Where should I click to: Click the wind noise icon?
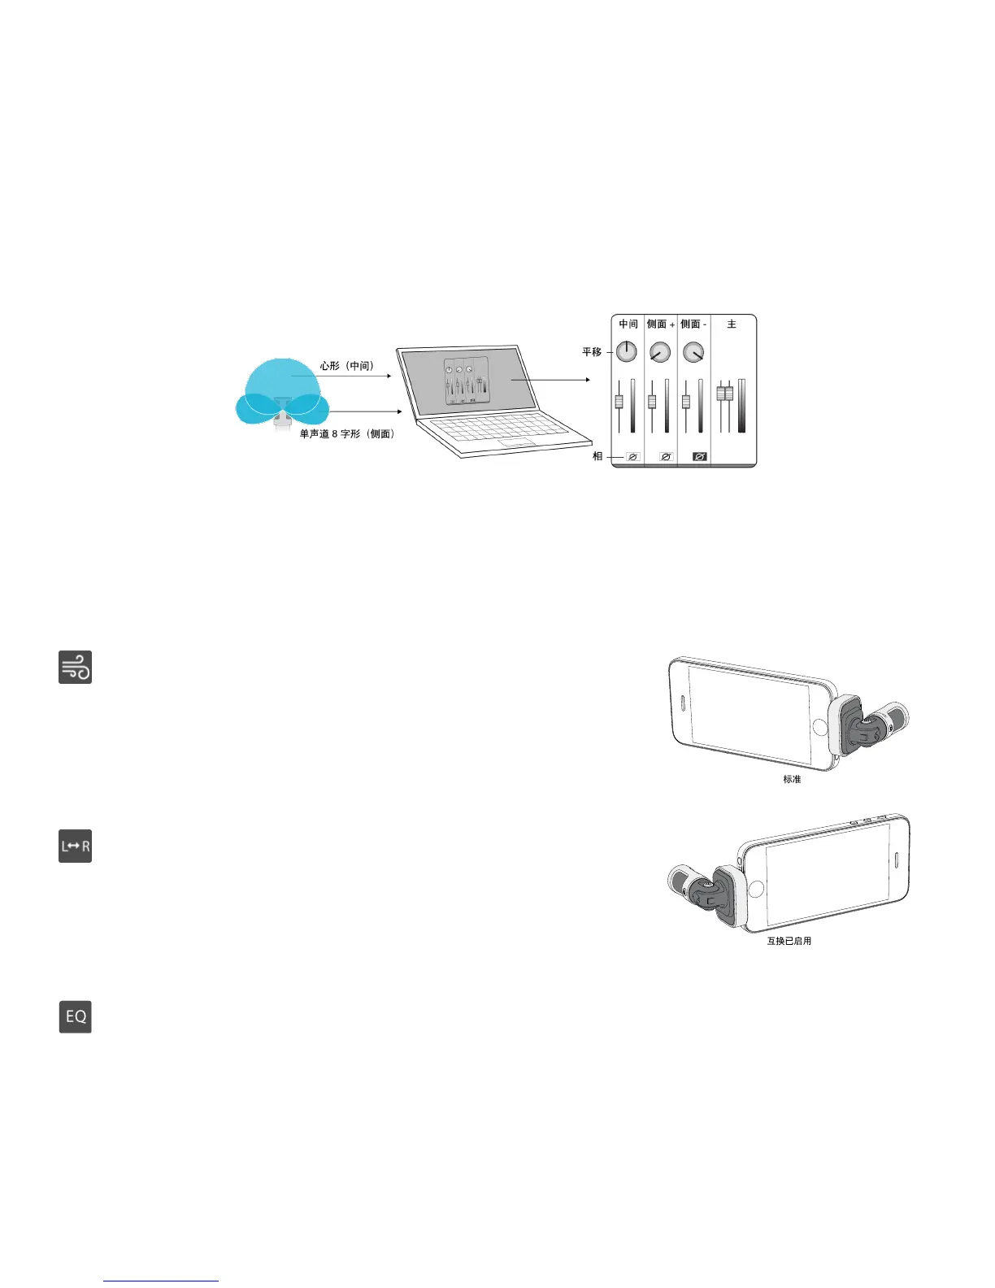(x=75, y=667)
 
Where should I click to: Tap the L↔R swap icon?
(x=75, y=846)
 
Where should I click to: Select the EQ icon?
(x=75, y=1016)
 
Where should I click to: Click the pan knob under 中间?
(x=626, y=351)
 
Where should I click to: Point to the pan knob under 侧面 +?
(x=660, y=351)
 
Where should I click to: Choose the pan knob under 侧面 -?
(x=693, y=351)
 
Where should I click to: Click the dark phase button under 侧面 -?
(x=699, y=457)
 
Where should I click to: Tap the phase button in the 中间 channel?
(x=632, y=457)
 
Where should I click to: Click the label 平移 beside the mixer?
(x=592, y=352)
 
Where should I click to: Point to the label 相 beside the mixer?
(x=597, y=456)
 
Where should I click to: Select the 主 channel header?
(x=732, y=324)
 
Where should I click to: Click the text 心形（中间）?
(x=347, y=366)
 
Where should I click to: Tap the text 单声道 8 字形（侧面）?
(x=347, y=434)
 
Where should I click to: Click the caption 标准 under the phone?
(x=792, y=779)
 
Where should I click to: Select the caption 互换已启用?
(x=789, y=941)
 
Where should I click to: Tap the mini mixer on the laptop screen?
(x=467, y=381)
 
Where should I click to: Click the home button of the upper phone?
(x=819, y=726)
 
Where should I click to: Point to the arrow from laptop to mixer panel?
(x=550, y=380)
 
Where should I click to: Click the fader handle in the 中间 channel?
(x=619, y=401)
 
